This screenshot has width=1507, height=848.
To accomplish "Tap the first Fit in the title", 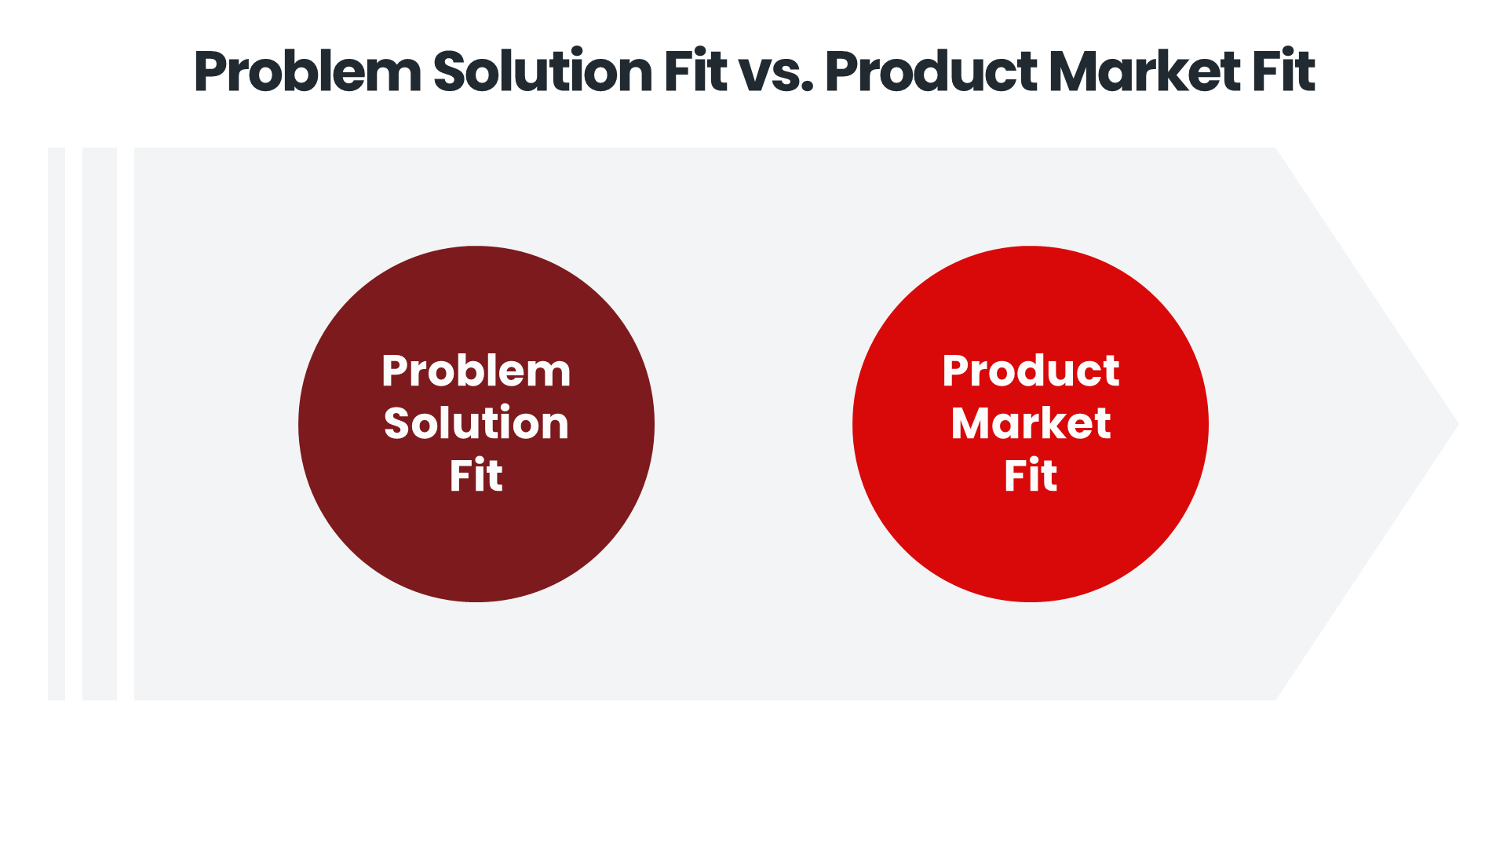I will [695, 71].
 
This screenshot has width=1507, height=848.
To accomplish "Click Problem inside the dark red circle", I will [476, 372].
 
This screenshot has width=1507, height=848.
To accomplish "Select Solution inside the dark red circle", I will [476, 424].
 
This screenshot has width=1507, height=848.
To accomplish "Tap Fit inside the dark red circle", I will [476, 476].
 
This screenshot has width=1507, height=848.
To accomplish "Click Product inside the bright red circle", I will [1031, 371].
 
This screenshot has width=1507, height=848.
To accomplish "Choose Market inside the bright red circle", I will [1031, 424].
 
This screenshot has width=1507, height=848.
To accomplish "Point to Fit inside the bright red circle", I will [1031, 476].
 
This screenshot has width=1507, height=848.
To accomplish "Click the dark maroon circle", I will [476, 550].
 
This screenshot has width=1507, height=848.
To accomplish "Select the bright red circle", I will [1031, 550].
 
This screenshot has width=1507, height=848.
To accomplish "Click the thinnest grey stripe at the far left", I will [57, 424].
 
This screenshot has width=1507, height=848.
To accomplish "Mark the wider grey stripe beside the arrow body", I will [100, 424].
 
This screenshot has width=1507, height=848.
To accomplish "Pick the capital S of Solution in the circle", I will [397, 424].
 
